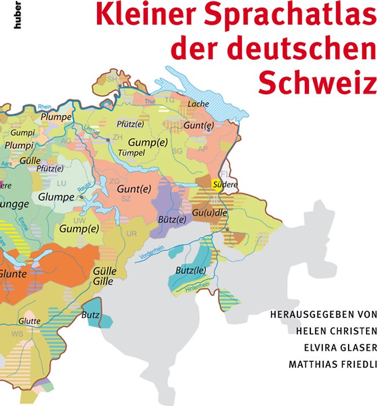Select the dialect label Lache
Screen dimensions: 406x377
point(198,104)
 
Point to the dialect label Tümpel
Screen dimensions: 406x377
point(132,153)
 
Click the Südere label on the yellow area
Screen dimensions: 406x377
point(226,185)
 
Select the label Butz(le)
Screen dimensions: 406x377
point(191,270)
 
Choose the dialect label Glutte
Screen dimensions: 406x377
point(29,321)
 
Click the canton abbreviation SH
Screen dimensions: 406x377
point(112,79)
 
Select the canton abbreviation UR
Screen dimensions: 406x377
point(132,233)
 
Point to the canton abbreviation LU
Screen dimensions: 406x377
point(61,183)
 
